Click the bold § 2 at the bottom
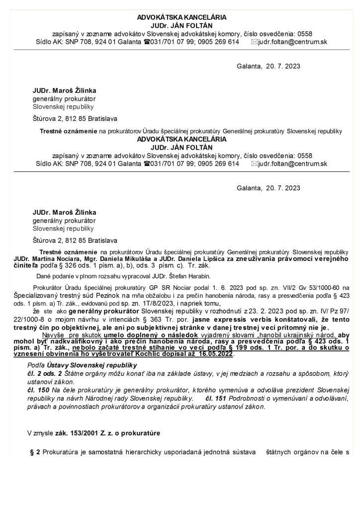coord(36,452)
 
